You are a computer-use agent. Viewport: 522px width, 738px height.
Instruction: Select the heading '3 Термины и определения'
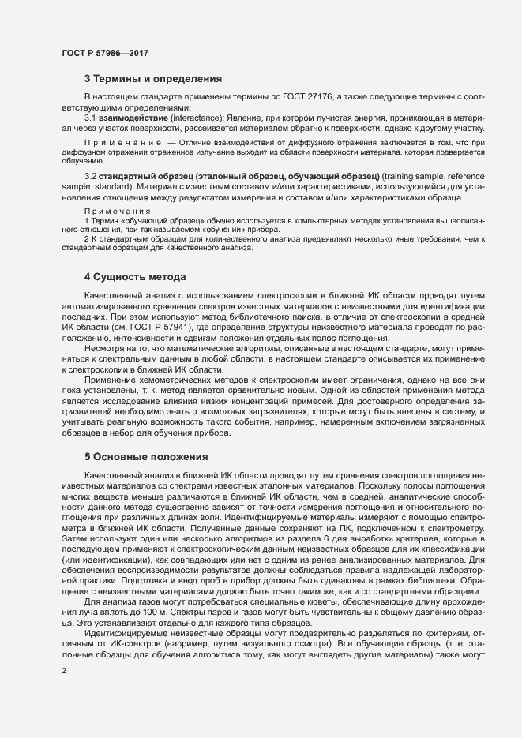152,79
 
